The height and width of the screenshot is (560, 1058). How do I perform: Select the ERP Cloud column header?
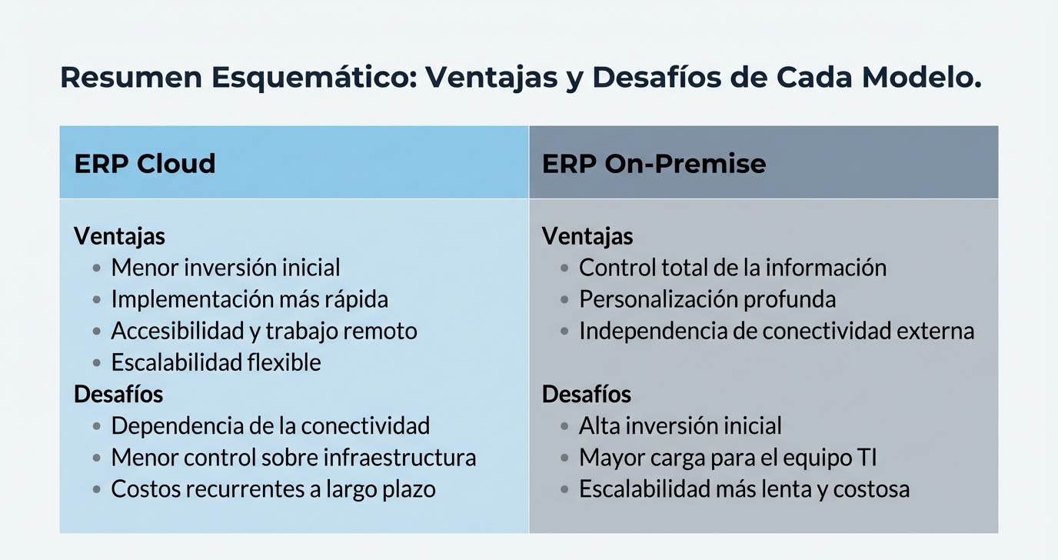[145, 164]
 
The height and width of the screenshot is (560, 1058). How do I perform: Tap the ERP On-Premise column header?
[654, 164]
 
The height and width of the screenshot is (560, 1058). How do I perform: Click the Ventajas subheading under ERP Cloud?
[119, 236]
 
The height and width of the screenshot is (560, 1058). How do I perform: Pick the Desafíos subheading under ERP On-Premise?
[587, 395]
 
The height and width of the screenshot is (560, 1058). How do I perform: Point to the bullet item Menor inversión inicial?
[225, 268]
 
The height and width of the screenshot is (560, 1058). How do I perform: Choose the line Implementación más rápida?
[249, 299]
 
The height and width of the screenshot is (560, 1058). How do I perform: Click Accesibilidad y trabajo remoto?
[264, 331]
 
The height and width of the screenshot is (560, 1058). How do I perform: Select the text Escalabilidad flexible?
[216, 362]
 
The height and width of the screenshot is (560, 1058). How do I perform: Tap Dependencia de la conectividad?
[270, 425]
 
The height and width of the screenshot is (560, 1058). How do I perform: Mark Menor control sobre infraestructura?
[293, 458]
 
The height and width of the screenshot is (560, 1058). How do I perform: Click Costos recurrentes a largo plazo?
[273, 489]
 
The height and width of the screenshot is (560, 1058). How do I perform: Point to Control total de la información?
[732, 268]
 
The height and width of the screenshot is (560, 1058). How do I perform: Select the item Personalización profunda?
[707, 299]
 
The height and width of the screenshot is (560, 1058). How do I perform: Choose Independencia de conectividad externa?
[776, 331]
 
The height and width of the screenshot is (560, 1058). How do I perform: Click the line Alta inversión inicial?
[680, 425]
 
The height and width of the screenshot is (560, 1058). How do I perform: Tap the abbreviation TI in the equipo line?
[867, 458]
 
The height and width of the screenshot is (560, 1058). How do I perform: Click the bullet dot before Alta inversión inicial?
[564, 426]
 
